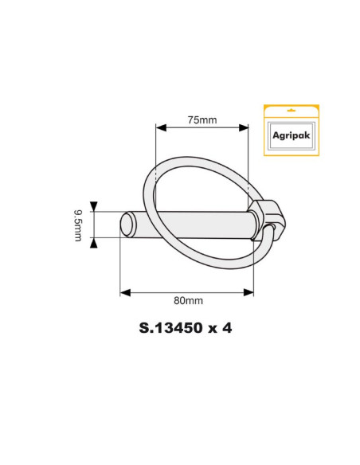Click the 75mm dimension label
coord(202,120)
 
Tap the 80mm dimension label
coord(188,301)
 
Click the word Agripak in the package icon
coord(291,136)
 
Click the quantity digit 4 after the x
coord(227,327)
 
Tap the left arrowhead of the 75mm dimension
coord(160,127)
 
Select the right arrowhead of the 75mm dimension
coord(244,127)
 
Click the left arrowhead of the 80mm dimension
coord(124,292)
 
